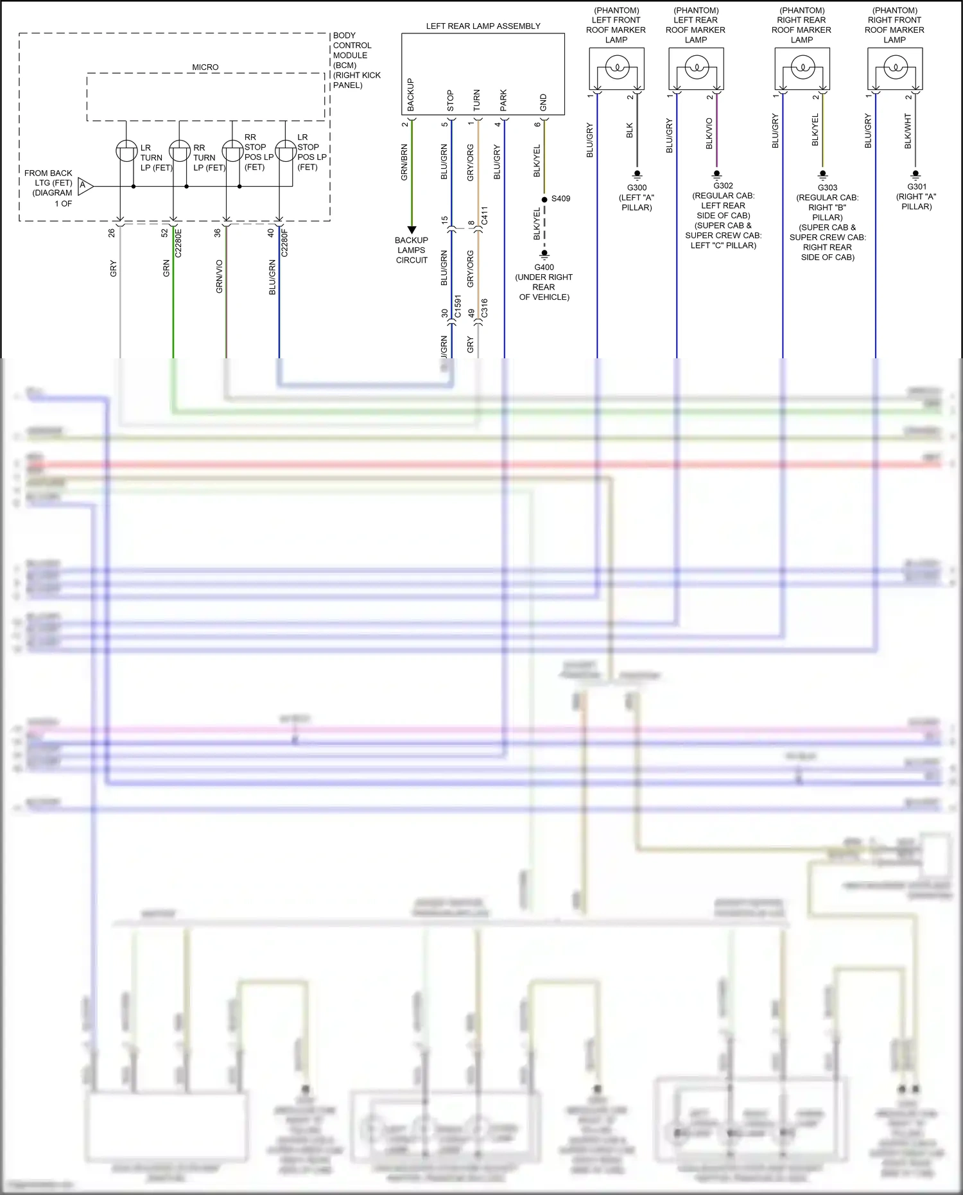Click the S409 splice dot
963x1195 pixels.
click(544, 200)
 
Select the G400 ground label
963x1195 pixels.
click(544, 267)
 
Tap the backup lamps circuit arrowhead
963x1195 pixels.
click(412, 230)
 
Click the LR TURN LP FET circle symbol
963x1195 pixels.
click(126, 151)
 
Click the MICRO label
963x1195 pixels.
click(205, 67)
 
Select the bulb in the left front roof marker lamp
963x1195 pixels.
click(617, 67)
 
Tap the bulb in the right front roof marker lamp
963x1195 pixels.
click(896, 67)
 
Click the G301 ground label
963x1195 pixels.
click(916, 187)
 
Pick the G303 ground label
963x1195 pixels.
click(827, 188)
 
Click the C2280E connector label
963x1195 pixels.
click(178, 243)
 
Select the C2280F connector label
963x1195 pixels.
click(284, 243)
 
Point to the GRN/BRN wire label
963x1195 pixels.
click(404, 162)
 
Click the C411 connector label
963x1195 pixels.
click(485, 215)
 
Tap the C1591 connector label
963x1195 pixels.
click(458, 306)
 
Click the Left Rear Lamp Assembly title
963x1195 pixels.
click(483, 26)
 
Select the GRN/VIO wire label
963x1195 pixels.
click(219, 276)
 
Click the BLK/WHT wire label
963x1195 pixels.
click(908, 131)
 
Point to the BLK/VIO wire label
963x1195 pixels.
click(709, 134)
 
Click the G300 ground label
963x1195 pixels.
click(636, 188)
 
